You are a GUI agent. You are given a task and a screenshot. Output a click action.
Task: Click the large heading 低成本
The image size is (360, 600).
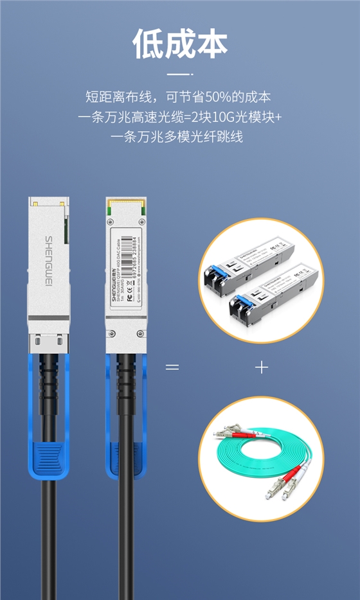pyautogui.click(x=180, y=44)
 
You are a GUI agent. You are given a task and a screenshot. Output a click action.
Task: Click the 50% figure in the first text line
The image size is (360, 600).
pyautogui.click(x=208, y=98)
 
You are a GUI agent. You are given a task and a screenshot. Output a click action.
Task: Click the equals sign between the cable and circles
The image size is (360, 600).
pyautogui.click(x=172, y=367)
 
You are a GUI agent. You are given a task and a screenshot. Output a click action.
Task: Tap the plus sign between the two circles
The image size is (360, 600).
pyautogui.click(x=261, y=367)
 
